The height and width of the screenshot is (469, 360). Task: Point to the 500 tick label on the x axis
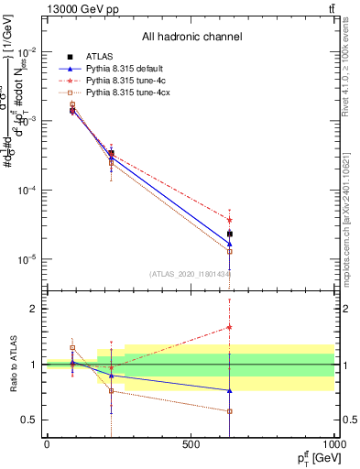point(191,444)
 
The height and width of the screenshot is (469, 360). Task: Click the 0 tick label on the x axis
point(47,444)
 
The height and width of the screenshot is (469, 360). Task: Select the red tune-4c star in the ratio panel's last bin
point(230,327)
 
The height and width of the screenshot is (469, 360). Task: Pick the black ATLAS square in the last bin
point(230,234)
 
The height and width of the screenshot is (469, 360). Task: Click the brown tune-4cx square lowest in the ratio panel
point(230,411)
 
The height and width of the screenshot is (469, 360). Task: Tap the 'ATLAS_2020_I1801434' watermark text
point(190,273)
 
